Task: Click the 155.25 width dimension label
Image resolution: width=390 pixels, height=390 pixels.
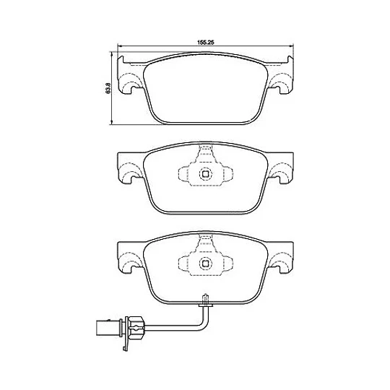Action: tap(206, 43)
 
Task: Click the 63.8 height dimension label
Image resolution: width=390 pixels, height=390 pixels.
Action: tap(108, 88)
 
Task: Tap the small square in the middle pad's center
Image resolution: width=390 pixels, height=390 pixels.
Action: tap(205, 174)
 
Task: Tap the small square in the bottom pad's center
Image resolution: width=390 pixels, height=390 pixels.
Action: tap(205, 264)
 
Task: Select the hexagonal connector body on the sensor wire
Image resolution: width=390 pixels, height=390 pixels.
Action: tap(135, 328)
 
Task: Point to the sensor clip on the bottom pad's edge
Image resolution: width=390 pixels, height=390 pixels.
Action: tap(205, 300)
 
